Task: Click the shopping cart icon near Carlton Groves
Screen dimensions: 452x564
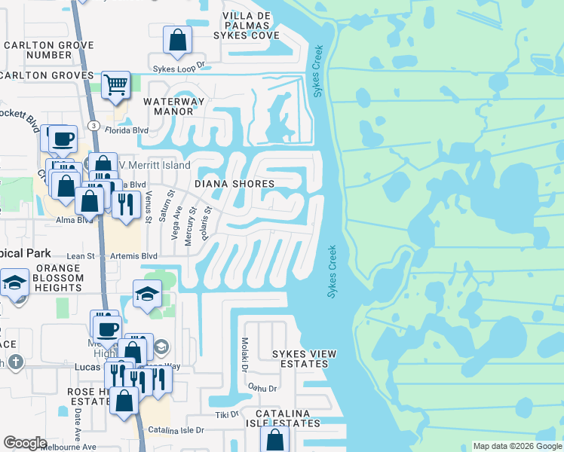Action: point(115,84)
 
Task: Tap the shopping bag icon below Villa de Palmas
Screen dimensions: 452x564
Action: point(177,41)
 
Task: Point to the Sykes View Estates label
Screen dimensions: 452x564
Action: point(304,359)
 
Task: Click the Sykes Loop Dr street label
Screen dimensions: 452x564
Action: point(179,68)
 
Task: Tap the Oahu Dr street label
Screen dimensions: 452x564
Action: point(262,389)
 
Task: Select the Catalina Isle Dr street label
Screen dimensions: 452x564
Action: point(177,430)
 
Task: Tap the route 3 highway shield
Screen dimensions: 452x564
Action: point(92,125)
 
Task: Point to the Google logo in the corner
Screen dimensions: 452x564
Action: point(25,444)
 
